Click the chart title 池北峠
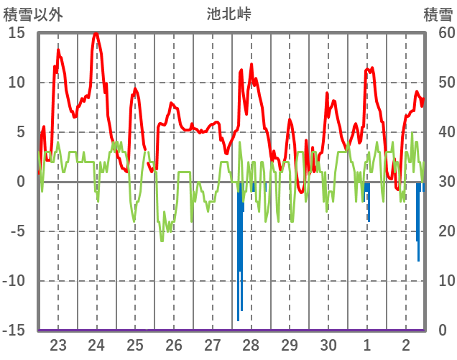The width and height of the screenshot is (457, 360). pos(228,14)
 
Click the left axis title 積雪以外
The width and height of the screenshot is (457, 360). pos(33,14)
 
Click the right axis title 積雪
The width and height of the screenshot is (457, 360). pos(437,14)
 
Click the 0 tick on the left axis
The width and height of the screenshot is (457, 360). pos(21,182)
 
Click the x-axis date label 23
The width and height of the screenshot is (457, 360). pos(58,343)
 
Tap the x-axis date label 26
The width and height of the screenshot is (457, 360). pos(174,343)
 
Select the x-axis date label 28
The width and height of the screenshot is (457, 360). pos(251,343)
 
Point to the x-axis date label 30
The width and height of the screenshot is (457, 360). pos(328,343)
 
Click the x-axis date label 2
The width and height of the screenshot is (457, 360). pos(406,343)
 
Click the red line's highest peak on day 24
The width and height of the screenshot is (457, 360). pos(96,33)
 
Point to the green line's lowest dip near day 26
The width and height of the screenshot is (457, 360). pos(162,241)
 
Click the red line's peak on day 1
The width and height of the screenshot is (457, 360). pos(367,69)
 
